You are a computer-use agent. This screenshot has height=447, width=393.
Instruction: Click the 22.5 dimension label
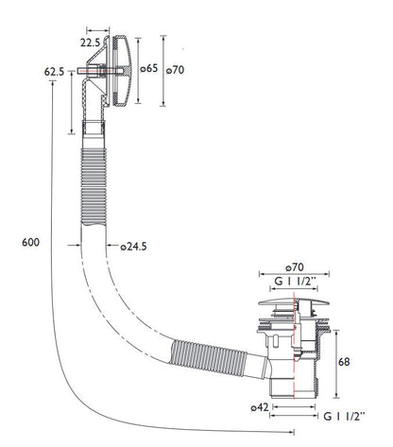[90, 43]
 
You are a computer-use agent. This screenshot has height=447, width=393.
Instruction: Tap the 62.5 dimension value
[54, 72]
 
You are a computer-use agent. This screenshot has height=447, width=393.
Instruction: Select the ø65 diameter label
[148, 68]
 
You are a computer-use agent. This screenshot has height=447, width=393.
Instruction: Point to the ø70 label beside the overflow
[175, 70]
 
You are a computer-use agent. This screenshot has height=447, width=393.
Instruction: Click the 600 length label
[30, 242]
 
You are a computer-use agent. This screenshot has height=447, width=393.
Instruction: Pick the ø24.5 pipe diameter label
[134, 247]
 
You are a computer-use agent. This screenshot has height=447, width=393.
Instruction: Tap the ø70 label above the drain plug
[295, 267]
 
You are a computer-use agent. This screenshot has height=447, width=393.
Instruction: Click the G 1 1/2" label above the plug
[295, 281]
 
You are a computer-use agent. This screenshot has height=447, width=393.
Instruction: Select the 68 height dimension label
[344, 362]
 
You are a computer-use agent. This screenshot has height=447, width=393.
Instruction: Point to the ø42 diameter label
[260, 407]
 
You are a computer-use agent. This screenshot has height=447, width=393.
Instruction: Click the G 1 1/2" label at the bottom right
[344, 417]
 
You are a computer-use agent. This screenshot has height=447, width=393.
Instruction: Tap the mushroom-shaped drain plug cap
[294, 301]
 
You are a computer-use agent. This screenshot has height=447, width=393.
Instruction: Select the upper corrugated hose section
[94, 186]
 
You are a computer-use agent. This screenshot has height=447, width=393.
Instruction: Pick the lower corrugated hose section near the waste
[208, 357]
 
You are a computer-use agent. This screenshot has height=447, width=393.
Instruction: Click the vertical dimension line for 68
[336, 364]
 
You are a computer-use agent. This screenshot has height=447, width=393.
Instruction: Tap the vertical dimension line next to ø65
[138, 70]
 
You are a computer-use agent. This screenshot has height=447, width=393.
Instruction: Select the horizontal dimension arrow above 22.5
[98, 31]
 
